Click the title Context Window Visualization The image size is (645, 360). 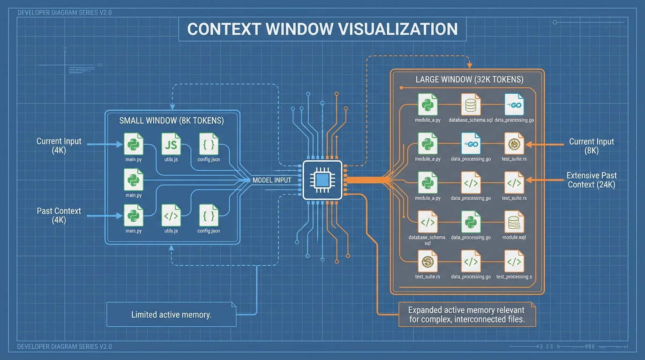pos(322,29)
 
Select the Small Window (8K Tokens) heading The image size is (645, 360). pos(172,120)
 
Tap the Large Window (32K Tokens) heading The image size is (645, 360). pos(469,79)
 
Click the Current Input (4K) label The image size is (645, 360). pos(59,146)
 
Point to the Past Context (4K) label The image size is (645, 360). pos(59,215)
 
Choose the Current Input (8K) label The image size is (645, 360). pos(591,146)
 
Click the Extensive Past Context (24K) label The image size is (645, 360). pos(591,180)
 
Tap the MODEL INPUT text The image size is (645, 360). pos(272,180)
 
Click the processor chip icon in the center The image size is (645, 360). pos(322,180)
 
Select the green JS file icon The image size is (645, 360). pos(171,144)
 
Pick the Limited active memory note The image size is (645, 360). pos(172,315)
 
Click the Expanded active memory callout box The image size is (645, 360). pos(466,315)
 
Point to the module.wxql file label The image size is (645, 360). pos(514,237)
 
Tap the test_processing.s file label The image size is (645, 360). pos(514,277)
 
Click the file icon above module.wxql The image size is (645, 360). pos(514,222)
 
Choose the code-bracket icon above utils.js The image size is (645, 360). pos(171,216)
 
